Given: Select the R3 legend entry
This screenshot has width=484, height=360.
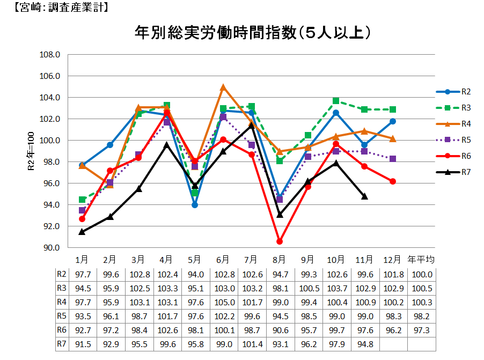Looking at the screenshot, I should [451, 108].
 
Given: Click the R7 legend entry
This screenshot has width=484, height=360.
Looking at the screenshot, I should [451, 172].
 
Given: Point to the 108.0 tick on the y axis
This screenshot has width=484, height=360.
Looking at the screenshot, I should [50, 55].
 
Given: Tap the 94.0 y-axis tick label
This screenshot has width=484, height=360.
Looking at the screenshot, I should [50, 205].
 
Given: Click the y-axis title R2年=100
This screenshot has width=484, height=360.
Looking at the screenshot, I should [31, 151].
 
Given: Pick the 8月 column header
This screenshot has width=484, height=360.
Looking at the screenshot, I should [280, 260].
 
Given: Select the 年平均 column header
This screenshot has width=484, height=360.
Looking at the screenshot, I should [421, 260].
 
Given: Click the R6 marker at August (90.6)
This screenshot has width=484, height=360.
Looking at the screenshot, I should [280, 241].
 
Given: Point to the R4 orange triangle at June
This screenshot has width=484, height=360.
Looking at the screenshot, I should [223, 87].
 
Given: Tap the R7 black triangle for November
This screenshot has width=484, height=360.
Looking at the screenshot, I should [364, 196].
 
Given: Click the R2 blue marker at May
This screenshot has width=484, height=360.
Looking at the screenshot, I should [195, 205].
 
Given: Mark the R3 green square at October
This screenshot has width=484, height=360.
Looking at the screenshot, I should [336, 101].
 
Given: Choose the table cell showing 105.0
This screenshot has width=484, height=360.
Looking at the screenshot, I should [223, 302].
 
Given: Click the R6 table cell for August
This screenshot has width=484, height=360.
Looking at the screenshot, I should [280, 329].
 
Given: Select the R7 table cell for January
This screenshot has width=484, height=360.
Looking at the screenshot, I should [82, 343].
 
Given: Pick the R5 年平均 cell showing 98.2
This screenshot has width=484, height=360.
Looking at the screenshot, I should [421, 315].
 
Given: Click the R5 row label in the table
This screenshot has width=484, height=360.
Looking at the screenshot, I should [62, 315].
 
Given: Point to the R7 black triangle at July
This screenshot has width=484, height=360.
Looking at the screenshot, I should [251, 126].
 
